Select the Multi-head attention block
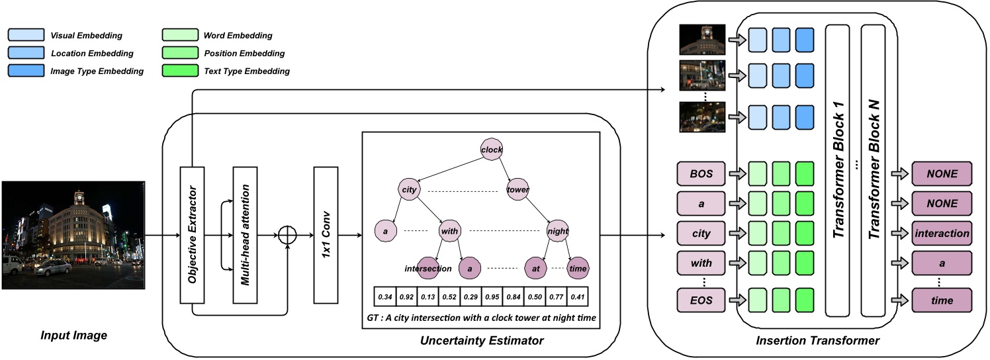pos(244,235)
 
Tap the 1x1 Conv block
pos(326,235)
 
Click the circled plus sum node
pos(288,236)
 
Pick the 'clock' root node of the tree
pos(492,150)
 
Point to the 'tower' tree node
pos(518,190)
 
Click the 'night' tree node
pos(557,231)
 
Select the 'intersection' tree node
pos(429,269)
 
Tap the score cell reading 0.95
pos(492,295)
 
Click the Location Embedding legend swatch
pos(26,53)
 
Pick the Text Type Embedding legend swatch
pos(180,71)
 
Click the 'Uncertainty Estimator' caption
pos(481,341)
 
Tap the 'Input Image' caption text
pos(73,336)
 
